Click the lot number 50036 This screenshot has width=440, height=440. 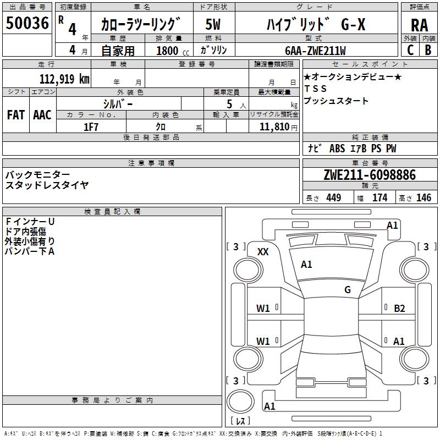click(27, 23)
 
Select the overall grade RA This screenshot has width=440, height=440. click(419, 25)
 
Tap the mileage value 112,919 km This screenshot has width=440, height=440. click(64, 79)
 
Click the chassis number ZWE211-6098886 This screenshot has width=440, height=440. click(370, 175)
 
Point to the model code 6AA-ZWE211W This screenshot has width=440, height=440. click(315, 51)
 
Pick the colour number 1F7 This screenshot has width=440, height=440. click(91, 127)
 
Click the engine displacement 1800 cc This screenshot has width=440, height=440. click(173, 51)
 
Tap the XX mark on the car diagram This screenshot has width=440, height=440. click(263, 252)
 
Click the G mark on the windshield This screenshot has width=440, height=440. click(348, 290)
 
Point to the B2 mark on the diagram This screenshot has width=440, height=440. click(399, 309)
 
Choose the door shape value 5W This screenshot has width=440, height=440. click(213, 24)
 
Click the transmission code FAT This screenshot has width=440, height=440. click(16, 115)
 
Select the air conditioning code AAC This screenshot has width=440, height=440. click(42, 115)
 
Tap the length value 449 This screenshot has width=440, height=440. click(334, 197)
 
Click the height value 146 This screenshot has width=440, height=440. click(424, 197)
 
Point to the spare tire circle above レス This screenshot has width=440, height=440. click(240, 402)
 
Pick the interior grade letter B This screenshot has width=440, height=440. click(428, 50)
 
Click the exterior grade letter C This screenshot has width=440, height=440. click(410, 50)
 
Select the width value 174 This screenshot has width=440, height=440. click(380, 197)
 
